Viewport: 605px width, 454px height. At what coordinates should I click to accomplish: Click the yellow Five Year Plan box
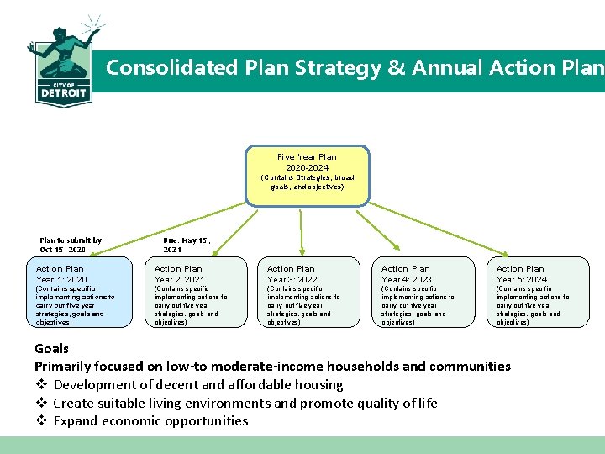(307, 176)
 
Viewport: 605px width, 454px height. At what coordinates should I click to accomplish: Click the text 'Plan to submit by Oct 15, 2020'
(71, 245)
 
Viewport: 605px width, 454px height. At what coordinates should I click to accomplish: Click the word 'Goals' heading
(51, 348)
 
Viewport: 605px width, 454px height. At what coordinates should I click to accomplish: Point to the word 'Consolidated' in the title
(172, 67)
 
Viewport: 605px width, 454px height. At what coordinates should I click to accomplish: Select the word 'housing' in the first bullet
(319, 385)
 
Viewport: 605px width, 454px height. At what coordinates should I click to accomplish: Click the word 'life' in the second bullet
(427, 403)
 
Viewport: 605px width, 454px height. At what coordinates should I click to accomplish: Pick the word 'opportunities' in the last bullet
(208, 421)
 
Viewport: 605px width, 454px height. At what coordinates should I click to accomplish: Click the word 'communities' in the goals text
(470, 367)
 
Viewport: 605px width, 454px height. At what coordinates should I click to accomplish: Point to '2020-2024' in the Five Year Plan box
(307, 167)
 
